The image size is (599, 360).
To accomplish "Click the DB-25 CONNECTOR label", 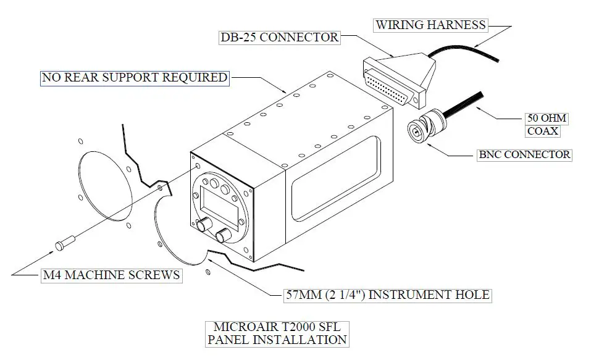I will click(x=280, y=37).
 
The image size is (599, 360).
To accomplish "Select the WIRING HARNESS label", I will click(x=430, y=25).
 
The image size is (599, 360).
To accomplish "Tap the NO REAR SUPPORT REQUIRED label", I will click(x=134, y=78).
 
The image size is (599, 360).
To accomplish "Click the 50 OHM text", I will click(x=546, y=118).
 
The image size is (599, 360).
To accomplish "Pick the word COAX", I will click(x=543, y=130).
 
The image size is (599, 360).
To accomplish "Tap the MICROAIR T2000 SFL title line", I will click(x=277, y=326).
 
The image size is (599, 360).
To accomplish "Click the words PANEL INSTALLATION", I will click(x=277, y=339).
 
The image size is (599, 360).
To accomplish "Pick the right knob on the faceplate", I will click(x=224, y=235).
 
